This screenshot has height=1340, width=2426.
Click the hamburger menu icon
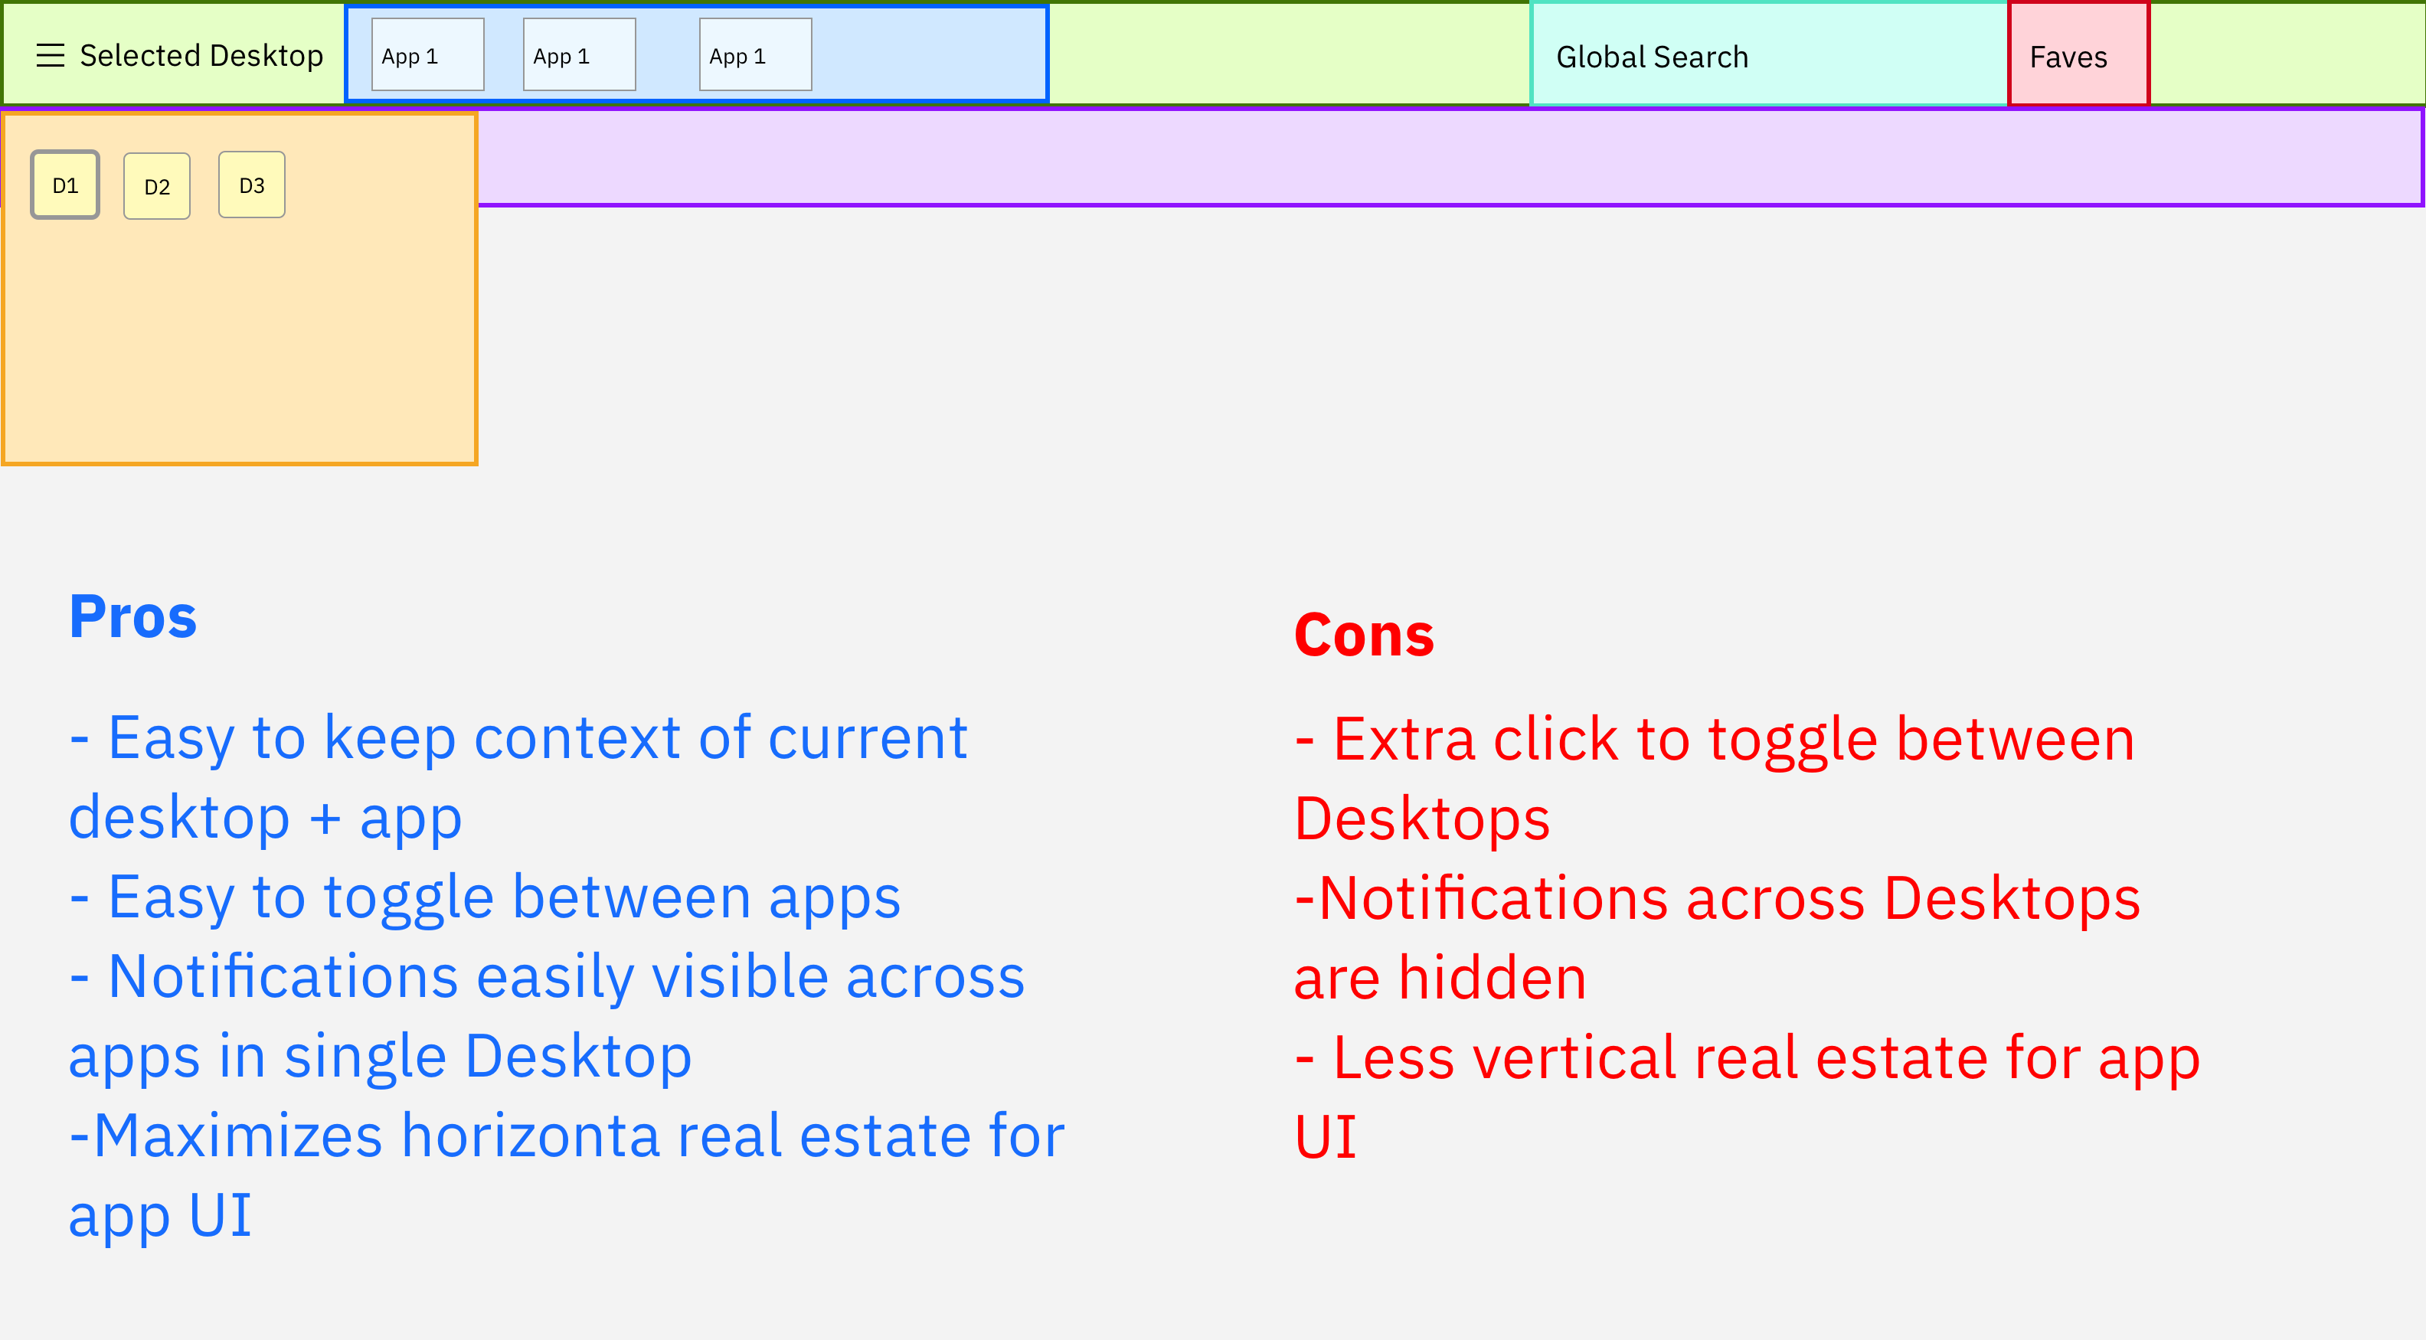click(x=50, y=56)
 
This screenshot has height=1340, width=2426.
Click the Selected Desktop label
click(x=201, y=56)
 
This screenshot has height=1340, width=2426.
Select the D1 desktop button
click(x=65, y=185)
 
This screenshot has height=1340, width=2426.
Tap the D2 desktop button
click(x=157, y=186)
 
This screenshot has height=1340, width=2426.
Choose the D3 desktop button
click(x=251, y=185)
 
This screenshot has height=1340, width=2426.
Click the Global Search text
click(x=1652, y=57)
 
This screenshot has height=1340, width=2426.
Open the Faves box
click(x=2078, y=54)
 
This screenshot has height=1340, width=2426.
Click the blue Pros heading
click(x=132, y=617)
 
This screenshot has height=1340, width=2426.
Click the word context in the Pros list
click(x=577, y=737)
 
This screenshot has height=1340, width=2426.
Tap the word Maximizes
click(x=238, y=1136)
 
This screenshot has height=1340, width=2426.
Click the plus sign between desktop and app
click(x=325, y=819)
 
